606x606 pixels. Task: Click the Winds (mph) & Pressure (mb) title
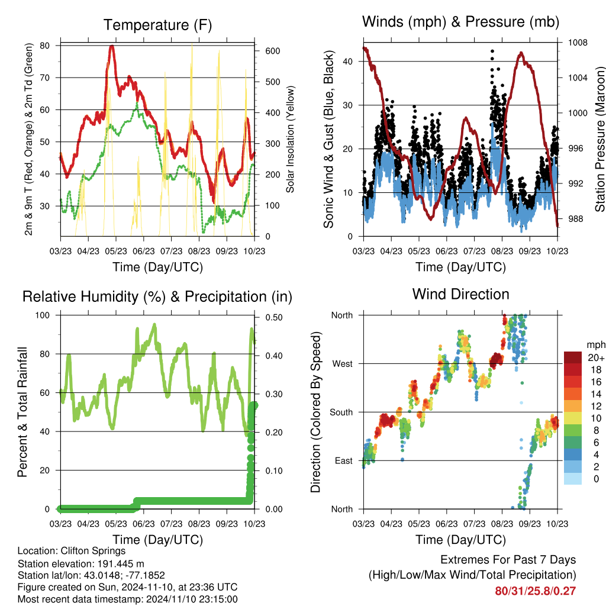pos(460,22)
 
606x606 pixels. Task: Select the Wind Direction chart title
pos(460,294)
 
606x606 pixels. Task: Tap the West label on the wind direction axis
pos(342,363)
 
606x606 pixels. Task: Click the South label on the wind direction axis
pos(341,412)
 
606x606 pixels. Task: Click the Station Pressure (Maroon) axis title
pos(599,140)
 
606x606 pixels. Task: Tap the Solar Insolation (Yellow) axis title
pos(291,140)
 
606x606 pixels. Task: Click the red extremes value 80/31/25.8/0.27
pos(536,591)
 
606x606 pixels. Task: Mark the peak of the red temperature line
pos(111,46)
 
